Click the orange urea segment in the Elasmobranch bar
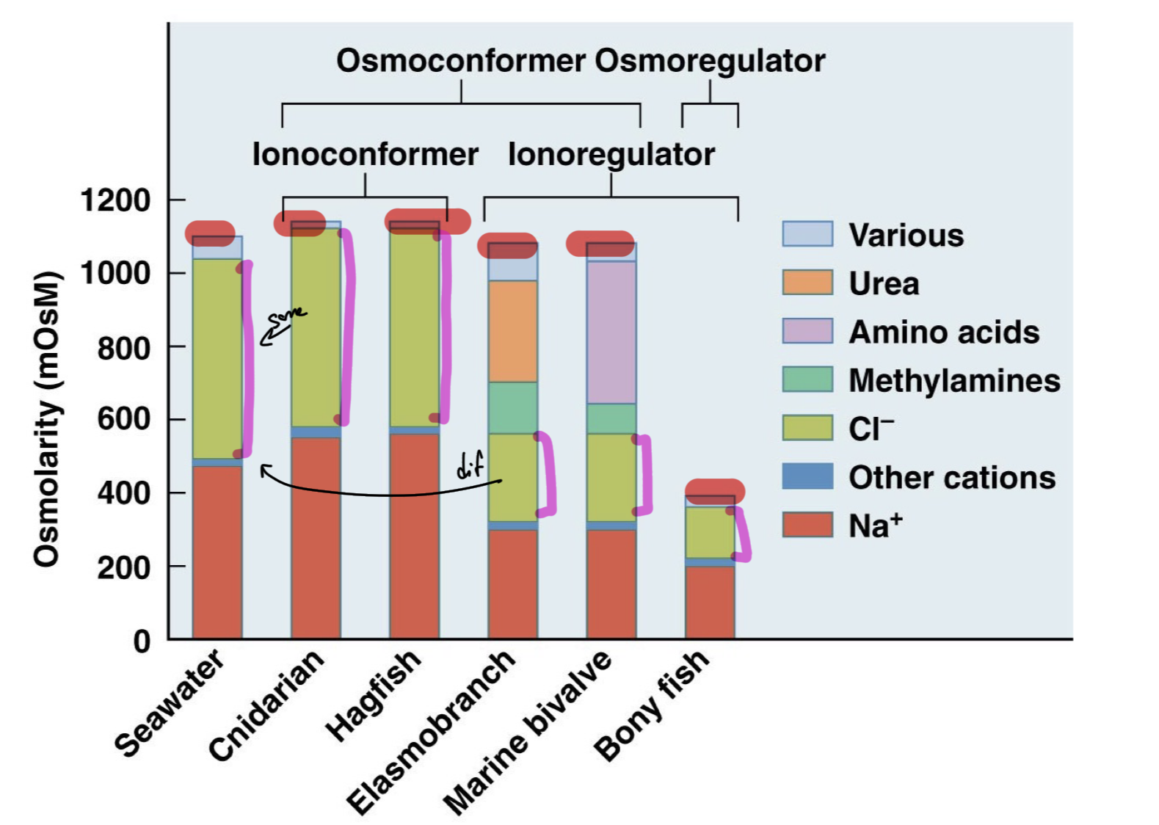(x=512, y=331)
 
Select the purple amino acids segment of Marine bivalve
(x=611, y=332)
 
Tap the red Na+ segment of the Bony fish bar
(x=710, y=602)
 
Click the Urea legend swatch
(x=807, y=283)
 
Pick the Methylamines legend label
(x=953, y=380)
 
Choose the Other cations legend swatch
(x=807, y=476)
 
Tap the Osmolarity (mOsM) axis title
(x=46, y=418)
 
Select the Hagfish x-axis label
(x=374, y=694)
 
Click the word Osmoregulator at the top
(x=710, y=61)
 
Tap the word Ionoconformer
(x=365, y=154)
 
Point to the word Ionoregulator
(x=611, y=154)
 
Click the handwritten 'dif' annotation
(x=470, y=465)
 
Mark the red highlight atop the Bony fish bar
(x=714, y=491)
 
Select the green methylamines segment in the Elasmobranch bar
(x=512, y=407)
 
